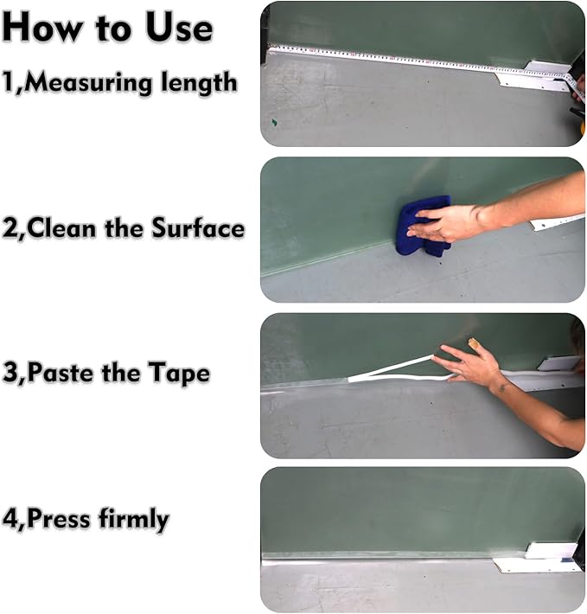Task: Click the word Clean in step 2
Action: [x=64, y=229]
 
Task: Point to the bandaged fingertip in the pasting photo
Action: [x=474, y=344]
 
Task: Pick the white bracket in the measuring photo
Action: [x=527, y=78]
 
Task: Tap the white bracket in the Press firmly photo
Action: [x=540, y=558]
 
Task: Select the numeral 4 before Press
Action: [x=10, y=520]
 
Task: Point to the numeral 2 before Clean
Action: [x=10, y=229]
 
